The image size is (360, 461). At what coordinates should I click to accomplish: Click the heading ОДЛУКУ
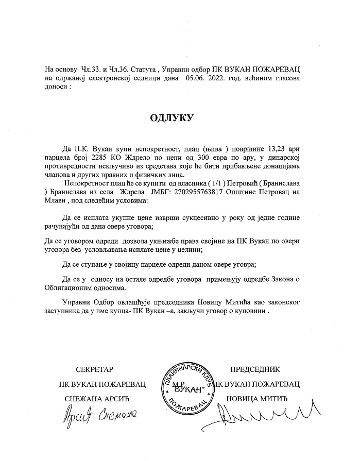click(x=172, y=117)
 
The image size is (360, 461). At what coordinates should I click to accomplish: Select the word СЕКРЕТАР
click(x=94, y=369)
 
